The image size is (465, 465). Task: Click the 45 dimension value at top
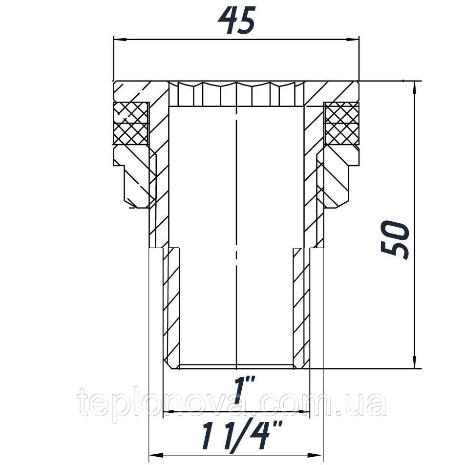[x=236, y=21]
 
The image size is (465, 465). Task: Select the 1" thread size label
[x=238, y=389]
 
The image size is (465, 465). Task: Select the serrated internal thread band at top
[x=237, y=94]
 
